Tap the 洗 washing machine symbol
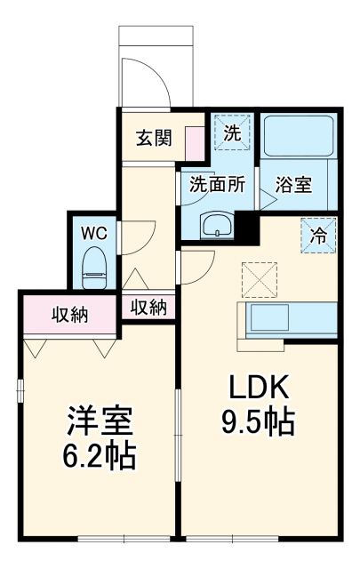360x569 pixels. pos(231,134)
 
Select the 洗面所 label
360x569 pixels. pos(217,188)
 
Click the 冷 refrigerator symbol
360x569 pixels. pos(318,236)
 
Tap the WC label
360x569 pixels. pos(94,233)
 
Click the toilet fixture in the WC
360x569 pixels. pos(93,268)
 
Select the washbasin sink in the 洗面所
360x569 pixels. pos(216,228)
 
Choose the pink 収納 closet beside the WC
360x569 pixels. pos(69,313)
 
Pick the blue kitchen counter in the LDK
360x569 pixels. pos(288,318)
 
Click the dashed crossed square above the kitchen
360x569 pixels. pos(260,278)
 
